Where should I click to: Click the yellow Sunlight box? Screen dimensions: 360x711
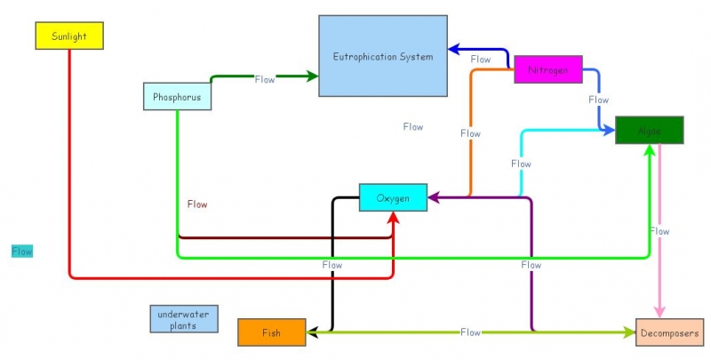[69, 36]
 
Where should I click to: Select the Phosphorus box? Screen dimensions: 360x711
[177, 96]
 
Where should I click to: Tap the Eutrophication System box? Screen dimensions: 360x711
[382, 56]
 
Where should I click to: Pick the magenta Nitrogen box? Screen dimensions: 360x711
[547, 69]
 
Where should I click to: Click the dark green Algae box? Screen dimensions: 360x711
[649, 130]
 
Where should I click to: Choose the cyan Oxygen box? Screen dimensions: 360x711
[393, 197]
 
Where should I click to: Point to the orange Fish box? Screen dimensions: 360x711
[271, 332]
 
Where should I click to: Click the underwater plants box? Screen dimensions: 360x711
[183, 319]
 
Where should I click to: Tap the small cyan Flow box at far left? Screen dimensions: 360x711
[22, 252]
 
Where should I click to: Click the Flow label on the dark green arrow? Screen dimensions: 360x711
[265, 79]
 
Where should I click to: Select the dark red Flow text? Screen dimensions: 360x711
[197, 204]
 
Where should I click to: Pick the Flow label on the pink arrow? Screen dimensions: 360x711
[659, 231]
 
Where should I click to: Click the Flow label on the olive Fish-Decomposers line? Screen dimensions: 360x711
[470, 332]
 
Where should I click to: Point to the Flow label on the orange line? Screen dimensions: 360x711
[470, 133]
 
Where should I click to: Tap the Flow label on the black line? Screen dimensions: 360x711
[332, 265]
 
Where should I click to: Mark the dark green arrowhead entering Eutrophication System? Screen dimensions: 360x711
[312, 76]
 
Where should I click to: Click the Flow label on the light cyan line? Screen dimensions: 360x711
[521, 164]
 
